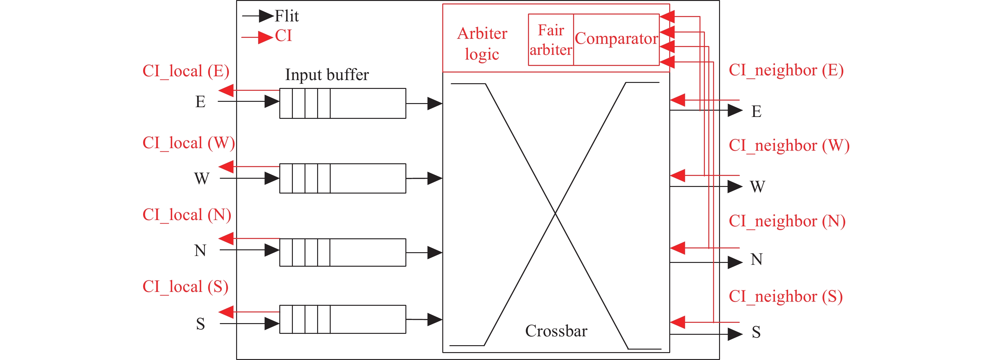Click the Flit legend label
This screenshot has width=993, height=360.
287,16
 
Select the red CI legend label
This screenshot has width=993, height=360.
283,36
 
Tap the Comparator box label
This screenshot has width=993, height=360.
616,39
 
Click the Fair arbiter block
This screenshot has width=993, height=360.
551,40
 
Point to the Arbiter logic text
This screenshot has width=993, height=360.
482,44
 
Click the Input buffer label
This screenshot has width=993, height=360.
327,75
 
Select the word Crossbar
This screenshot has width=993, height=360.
556,331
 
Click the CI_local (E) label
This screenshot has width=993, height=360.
186,71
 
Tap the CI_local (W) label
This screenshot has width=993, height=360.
189,143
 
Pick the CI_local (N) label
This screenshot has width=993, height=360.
187,215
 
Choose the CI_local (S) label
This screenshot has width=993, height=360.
185,287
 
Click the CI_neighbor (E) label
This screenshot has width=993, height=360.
786,70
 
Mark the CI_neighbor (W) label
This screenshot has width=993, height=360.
789,146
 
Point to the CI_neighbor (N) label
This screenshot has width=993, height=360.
787,221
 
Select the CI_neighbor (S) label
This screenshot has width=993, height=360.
786,296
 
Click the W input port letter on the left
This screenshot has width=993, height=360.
202,178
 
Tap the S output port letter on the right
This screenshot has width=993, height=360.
756,332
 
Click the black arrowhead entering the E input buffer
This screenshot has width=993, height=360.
272,102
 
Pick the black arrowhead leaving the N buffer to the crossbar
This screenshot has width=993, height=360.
435,253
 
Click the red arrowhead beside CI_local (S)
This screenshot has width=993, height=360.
226,312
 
